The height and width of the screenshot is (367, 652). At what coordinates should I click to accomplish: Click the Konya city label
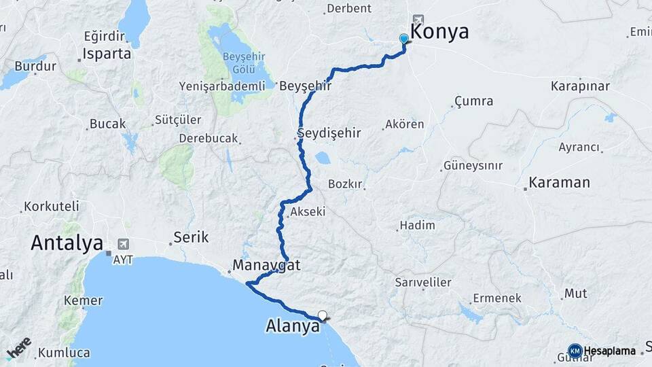point(439,32)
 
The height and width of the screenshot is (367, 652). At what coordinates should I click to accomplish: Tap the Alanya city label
point(292,327)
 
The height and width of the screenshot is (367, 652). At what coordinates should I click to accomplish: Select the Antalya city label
point(67,243)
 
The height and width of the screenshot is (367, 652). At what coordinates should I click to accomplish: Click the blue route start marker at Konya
point(404,39)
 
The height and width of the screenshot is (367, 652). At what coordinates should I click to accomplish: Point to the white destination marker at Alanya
point(323,315)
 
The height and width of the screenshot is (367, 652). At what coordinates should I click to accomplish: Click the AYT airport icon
point(123,243)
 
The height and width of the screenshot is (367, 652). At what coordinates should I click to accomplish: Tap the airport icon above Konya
point(417,20)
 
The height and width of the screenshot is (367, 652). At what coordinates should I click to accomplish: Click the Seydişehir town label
point(329,133)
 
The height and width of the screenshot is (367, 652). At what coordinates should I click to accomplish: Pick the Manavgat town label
point(266,265)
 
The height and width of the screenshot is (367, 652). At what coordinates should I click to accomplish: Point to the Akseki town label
point(308,212)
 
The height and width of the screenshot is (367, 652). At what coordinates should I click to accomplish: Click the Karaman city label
point(560,183)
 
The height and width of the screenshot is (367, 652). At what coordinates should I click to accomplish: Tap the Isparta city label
point(107,54)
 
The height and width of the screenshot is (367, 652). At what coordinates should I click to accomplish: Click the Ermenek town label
point(497,298)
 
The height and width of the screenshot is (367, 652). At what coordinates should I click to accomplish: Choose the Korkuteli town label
point(52,206)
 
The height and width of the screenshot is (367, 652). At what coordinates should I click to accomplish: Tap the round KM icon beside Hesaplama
point(575,351)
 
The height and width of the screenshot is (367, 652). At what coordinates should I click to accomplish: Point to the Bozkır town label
point(346,184)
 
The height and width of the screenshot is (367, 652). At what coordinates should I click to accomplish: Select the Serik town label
point(191,237)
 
